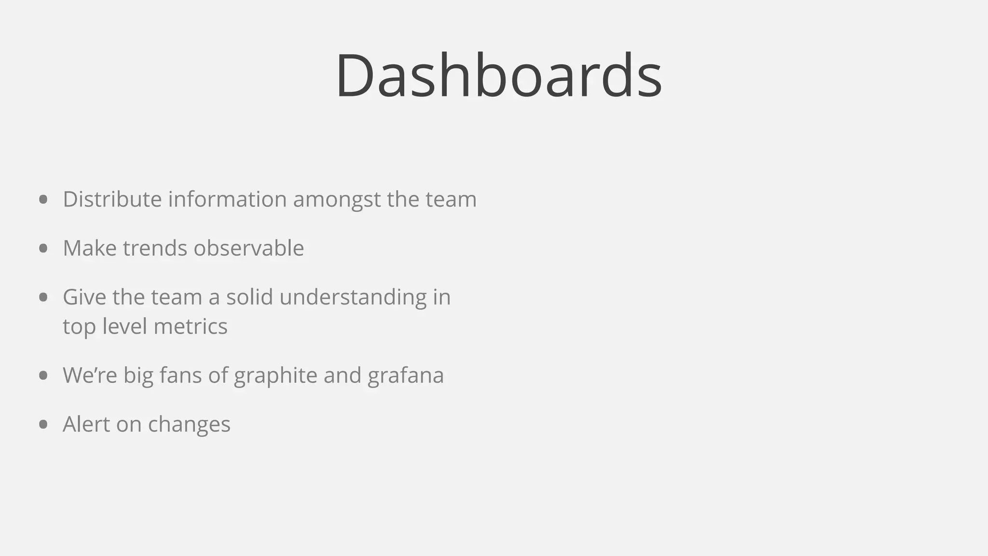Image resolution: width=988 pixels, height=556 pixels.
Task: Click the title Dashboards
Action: click(x=499, y=76)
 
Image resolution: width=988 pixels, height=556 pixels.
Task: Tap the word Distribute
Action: click(x=112, y=199)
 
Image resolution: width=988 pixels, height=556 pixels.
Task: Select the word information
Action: click(x=227, y=199)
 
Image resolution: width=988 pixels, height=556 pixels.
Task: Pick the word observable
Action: click(x=248, y=248)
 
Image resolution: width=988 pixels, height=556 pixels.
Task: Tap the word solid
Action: click(x=249, y=297)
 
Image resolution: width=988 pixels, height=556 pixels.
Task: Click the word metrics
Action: click(x=191, y=326)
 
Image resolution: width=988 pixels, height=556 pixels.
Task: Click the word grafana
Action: click(x=405, y=376)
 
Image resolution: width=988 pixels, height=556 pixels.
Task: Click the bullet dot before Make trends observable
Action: click(x=43, y=248)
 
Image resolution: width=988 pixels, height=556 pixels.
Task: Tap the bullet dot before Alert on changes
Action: click(x=43, y=424)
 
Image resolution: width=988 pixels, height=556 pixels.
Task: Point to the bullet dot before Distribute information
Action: click(x=43, y=199)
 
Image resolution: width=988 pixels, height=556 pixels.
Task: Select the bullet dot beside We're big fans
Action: click(x=43, y=375)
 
